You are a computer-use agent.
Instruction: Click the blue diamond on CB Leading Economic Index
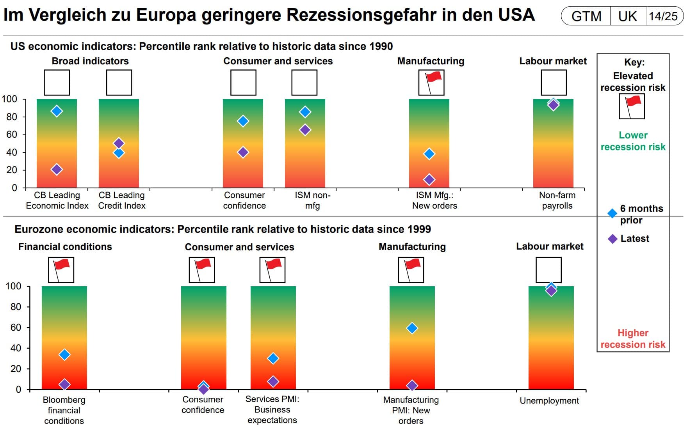pos(57,111)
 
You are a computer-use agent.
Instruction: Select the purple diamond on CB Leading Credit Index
pos(119,143)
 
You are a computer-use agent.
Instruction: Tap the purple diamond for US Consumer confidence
pos(243,152)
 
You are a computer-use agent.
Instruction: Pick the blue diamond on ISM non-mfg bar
pos(305,112)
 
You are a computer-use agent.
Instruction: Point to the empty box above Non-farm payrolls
pos(554,82)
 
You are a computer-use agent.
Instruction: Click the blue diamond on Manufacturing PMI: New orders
pos(412,328)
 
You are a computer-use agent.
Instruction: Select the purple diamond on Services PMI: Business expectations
pos(273,381)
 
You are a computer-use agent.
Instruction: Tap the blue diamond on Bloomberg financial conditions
pos(64,354)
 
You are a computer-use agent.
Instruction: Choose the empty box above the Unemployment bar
pos(548,269)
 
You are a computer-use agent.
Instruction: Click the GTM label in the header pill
pos(586,16)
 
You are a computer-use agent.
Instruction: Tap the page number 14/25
pos(663,16)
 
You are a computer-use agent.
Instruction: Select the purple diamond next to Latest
pos(612,239)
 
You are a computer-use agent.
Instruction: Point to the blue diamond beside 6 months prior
pos(612,213)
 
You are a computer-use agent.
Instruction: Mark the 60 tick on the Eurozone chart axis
pos(16,328)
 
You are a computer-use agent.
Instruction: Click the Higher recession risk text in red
pos(633,338)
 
